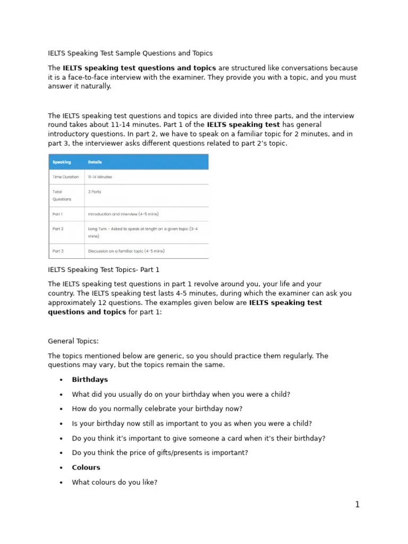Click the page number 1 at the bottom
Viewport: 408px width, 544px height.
(x=357, y=505)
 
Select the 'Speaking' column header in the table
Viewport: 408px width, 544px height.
(x=62, y=162)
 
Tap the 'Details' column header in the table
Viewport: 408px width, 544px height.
(x=95, y=162)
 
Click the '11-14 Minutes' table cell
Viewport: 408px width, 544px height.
(x=100, y=177)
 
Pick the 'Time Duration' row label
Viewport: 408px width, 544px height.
(x=65, y=177)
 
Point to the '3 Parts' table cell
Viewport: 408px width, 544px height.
(x=95, y=192)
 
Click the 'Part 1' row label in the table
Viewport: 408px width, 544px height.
(x=57, y=214)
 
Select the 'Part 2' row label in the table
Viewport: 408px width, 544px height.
(x=57, y=229)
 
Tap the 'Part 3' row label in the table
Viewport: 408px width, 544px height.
(x=57, y=251)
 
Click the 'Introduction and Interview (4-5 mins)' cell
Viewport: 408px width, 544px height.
(x=123, y=214)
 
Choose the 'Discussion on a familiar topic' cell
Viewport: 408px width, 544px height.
(x=126, y=251)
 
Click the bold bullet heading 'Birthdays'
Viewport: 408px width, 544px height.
(x=90, y=380)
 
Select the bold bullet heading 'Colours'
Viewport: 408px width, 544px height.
(x=86, y=467)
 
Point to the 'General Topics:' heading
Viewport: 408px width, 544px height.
(x=73, y=341)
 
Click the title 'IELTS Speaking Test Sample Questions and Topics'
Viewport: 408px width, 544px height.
(x=130, y=53)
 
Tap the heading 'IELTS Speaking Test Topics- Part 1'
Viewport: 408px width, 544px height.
(x=104, y=270)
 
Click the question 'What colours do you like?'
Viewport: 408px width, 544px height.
(x=115, y=482)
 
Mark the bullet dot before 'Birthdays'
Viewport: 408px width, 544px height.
(x=62, y=380)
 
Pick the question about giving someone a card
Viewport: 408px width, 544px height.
(x=199, y=438)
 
